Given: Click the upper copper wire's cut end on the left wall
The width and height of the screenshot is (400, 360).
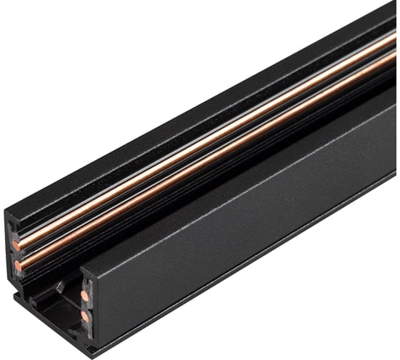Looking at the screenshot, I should point(16,246).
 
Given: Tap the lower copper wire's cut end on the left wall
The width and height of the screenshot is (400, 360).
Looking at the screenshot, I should point(18,266).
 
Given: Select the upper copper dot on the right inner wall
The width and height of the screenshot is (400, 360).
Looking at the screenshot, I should point(85,295).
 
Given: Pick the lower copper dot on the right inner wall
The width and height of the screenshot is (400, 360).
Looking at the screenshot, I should point(85,315).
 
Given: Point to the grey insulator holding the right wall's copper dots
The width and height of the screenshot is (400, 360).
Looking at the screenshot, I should point(84,305).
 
